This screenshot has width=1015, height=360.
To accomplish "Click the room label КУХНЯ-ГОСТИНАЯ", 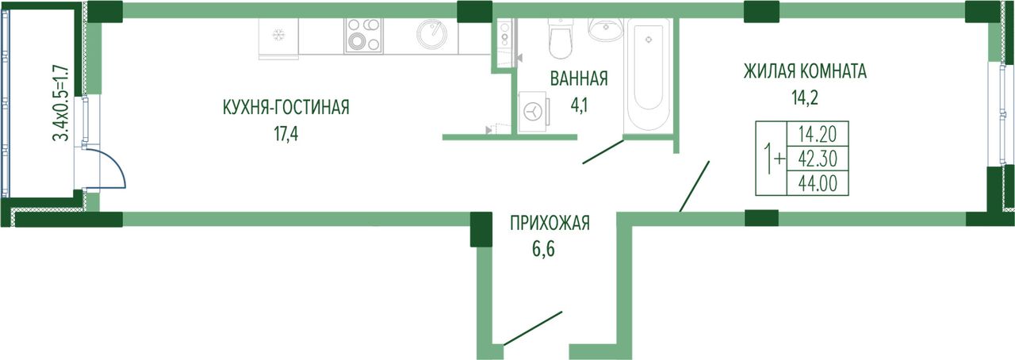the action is point(286,108).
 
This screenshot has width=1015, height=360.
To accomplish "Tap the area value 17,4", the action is point(286,134).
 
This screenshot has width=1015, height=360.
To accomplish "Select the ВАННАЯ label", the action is point(579,79).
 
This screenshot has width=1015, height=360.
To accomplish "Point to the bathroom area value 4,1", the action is point(579,105).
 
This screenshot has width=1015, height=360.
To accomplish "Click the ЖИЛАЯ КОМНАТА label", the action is point(805,71).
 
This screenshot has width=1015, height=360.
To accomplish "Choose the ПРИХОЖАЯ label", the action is point(550,223).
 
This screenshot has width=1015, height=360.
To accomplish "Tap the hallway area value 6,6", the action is point(543,249).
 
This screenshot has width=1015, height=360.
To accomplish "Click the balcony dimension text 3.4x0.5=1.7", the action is point(61,103).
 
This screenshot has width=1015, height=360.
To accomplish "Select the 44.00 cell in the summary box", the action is point(818,184).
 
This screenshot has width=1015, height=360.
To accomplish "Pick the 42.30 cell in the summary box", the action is point(818,159).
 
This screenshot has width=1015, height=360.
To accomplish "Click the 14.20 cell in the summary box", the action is point(818,134).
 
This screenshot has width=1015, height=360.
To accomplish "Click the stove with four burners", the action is point(363,36).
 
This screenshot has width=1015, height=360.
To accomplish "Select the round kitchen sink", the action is point(431,34).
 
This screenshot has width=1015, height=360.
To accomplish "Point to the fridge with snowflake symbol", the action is point(278,36).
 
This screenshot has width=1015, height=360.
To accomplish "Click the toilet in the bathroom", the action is point(561,38).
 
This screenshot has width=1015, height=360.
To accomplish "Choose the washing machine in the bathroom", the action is point(534,112).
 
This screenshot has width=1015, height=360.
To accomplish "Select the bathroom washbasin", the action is point(607,29).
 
